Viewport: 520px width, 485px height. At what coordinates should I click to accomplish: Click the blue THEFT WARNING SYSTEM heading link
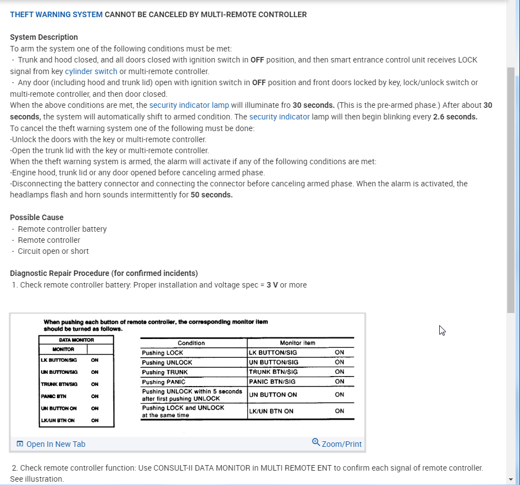pos(56,14)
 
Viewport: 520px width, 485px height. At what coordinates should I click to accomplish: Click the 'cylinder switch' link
pos(91,71)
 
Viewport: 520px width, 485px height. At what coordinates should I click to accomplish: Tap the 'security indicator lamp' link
pos(189,105)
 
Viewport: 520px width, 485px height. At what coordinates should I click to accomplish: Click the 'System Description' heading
pos(44,37)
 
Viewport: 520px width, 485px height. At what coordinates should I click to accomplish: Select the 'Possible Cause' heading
pos(37,217)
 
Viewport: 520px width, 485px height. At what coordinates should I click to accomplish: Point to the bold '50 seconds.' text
pos(212,195)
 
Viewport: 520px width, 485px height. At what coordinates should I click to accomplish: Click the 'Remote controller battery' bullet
pos(63,229)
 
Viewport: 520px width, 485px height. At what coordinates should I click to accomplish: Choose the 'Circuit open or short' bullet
pos(53,251)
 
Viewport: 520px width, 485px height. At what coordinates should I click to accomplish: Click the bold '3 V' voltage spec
pos(272,285)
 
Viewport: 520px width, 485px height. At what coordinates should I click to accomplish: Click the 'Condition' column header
pos(191,343)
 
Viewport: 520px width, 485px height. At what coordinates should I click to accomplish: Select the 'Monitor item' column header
pos(298,343)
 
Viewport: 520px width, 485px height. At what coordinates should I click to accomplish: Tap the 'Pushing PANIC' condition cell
pos(164,382)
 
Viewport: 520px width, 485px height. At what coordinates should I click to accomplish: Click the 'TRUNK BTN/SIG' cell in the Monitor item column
pos(273,372)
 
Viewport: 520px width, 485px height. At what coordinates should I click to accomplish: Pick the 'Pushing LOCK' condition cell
pos(163,353)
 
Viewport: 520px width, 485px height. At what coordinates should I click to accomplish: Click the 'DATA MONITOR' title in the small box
pos(76,340)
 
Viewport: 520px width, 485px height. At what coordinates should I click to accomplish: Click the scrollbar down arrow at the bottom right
pos(511,479)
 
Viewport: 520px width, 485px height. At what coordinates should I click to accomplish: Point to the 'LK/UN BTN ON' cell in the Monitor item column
pos(272,411)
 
